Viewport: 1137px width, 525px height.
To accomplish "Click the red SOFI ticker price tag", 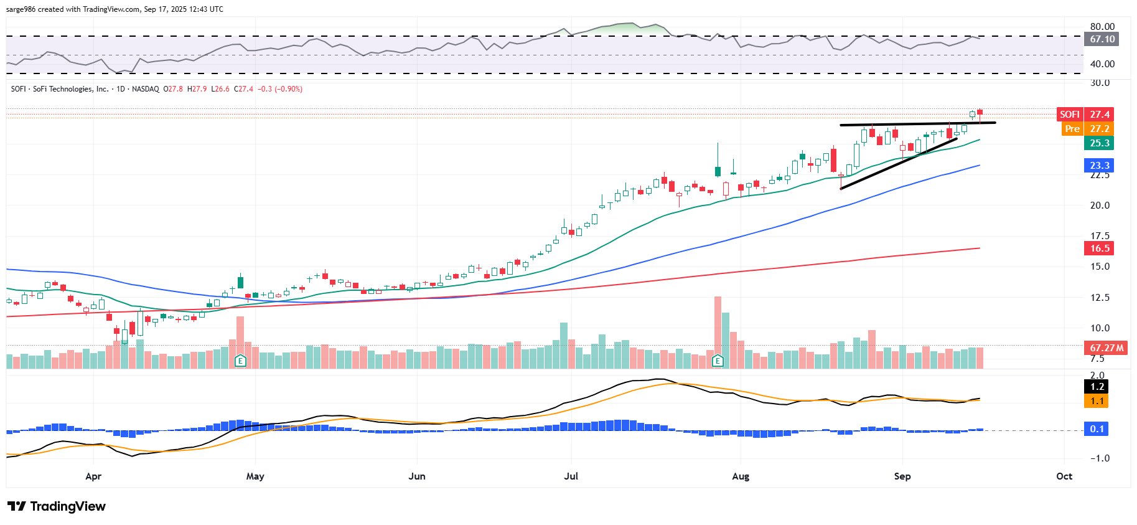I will tap(1070, 114).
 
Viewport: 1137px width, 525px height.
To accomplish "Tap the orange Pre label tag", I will tap(1072, 129).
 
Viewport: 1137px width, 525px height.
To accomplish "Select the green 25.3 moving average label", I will tap(1099, 143).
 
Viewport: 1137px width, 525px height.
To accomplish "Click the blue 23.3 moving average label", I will tap(1099, 166).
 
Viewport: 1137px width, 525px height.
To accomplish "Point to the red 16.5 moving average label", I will tap(1099, 248).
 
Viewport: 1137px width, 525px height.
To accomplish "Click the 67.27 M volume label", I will tap(1107, 348).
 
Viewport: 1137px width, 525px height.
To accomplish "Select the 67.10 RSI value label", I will tap(1102, 39).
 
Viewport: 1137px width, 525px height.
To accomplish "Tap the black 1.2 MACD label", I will tap(1097, 387).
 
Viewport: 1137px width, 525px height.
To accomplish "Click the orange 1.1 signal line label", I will tap(1097, 401).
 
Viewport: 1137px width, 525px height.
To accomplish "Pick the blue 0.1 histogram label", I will tap(1097, 429).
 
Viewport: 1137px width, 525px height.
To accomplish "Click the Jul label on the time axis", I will tap(571, 476).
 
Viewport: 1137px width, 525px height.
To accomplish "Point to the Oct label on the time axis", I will tap(1064, 476).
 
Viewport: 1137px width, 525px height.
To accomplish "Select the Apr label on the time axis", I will tap(93, 476).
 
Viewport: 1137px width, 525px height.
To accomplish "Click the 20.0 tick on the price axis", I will tap(1100, 206).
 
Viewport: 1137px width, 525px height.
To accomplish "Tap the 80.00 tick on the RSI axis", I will tap(1102, 27).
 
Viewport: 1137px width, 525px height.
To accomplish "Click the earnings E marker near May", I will tap(240, 361).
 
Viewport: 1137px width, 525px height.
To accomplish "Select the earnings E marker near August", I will tap(718, 361).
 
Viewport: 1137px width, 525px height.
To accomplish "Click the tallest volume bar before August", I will tap(718, 330).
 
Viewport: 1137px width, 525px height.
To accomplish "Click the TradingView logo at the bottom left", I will tap(57, 506).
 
